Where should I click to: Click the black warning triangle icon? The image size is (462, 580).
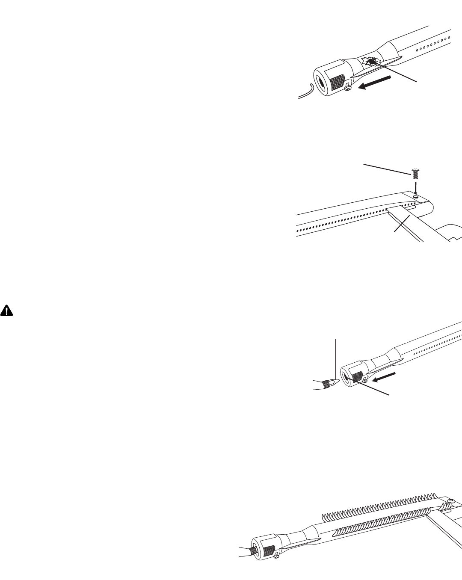click(6, 311)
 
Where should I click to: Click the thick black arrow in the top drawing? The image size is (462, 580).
click(375, 82)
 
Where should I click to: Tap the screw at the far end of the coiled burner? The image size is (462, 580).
click(450, 501)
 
